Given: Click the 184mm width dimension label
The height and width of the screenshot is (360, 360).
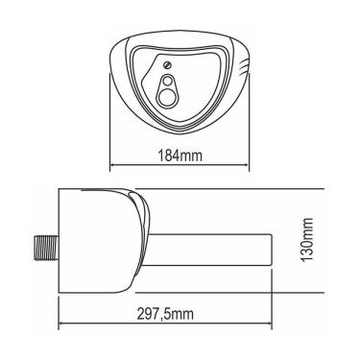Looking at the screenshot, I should [180, 153].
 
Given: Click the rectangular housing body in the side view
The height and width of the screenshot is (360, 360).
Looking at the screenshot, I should [96, 235].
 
